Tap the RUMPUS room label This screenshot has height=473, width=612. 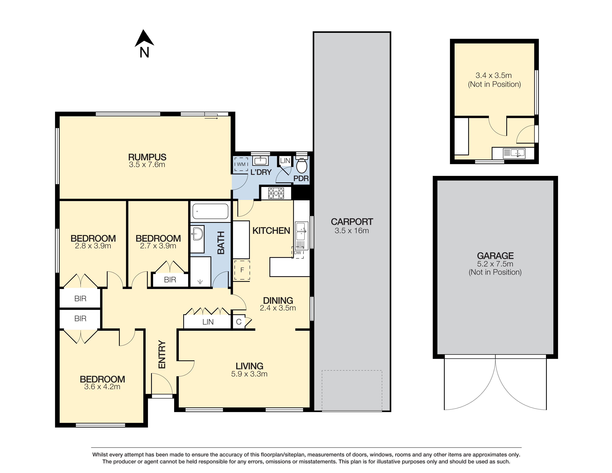147,157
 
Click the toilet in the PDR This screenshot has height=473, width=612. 302,165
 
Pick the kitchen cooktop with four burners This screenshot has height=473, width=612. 276,193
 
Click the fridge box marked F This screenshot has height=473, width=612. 242,270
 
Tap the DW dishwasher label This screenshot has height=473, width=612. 298,252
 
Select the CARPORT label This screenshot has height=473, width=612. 352,222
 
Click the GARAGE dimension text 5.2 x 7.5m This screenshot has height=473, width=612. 495,264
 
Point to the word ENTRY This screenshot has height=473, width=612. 162,354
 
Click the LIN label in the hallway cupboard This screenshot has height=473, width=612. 208,322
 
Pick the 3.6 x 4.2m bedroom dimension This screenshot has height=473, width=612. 102,387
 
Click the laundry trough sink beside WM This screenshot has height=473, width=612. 261,161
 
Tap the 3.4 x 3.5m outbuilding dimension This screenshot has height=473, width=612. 493,75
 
